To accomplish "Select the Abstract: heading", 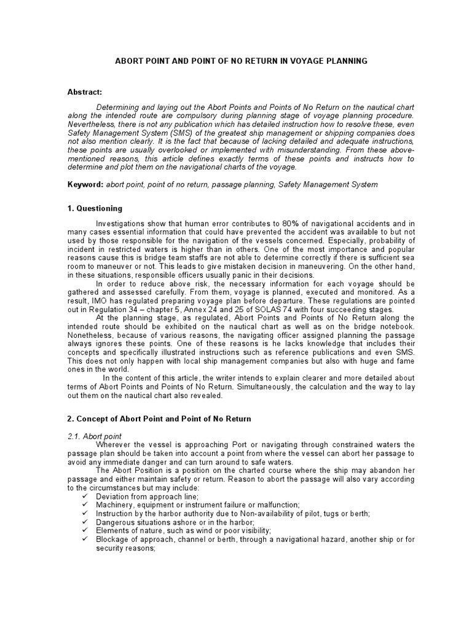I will point(85,92).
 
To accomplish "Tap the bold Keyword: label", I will point(85,184).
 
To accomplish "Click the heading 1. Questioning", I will point(95,208).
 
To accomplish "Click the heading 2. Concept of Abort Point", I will point(159,419).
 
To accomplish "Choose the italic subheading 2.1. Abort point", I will point(95,436).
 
